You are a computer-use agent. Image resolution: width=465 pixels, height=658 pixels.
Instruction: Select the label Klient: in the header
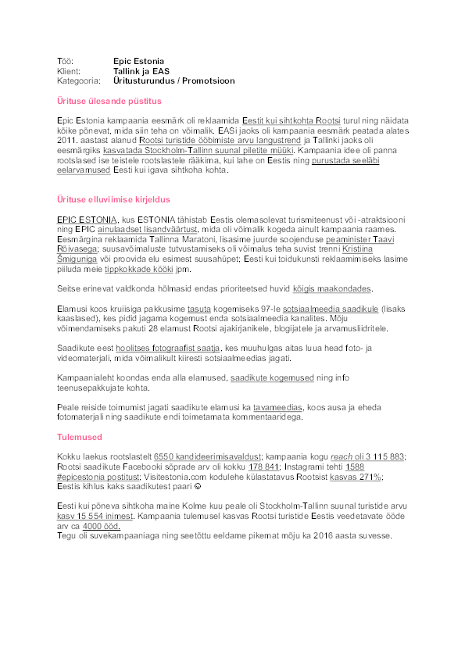click(69, 70)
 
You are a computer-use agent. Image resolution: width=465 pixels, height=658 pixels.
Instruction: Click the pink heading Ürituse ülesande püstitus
click(109, 101)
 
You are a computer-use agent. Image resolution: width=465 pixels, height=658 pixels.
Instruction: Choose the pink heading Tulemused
click(80, 437)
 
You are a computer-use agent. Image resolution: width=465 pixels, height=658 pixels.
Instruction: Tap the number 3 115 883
click(382, 456)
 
